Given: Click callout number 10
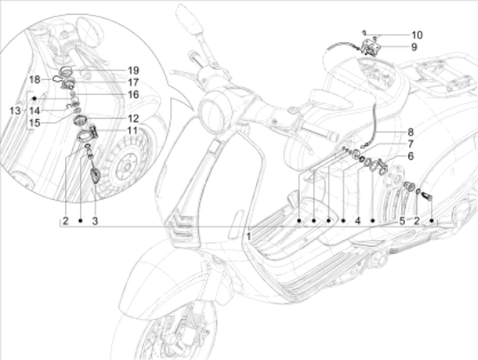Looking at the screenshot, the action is (x=417, y=35).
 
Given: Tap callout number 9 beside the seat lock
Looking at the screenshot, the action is (x=414, y=47).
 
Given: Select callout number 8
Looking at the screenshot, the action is (x=410, y=132).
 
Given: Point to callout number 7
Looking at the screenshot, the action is (x=410, y=144).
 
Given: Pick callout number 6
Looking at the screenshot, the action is (x=410, y=157).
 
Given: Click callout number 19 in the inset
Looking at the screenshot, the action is (x=133, y=70).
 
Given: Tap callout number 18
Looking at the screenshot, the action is (x=35, y=80).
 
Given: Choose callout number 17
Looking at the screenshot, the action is (x=133, y=83).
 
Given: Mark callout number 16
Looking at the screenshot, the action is (x=133, y=95).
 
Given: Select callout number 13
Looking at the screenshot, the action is (x=15, y=110).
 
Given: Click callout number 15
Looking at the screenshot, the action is (x=35, y=123).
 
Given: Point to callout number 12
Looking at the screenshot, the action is (x=133, y=118).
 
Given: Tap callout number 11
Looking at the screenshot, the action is (x=133, y=130).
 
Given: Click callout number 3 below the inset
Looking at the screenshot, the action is (x=95, y=221).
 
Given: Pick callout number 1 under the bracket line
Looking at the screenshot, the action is (x=249, y=237).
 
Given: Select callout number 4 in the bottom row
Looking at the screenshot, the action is (x=357, y=221).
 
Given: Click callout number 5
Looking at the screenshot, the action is (x=402, y=221).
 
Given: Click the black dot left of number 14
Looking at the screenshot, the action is (x=35, y=98).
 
